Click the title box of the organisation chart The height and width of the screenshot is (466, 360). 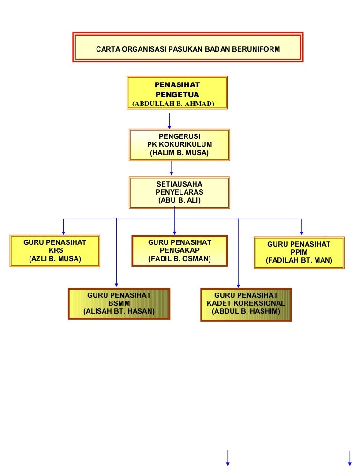[187, 48]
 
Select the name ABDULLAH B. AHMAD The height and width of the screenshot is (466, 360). [173, 104]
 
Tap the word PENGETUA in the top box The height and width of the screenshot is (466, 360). [177, 94]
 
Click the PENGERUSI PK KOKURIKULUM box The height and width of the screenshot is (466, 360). [180, 145]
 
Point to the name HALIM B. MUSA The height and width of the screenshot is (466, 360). [180, 153]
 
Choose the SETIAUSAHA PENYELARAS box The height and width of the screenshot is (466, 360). [180, 192]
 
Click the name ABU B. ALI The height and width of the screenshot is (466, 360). [180, 201]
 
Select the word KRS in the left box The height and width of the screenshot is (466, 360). [55, 250]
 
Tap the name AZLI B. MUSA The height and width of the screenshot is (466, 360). [55, 259]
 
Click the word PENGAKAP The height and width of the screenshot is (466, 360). [180, 250]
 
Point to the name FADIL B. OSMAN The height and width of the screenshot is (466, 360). [180, 259]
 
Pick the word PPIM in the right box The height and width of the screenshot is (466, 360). [299, 252]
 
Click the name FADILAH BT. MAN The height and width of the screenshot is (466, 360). [299, 261]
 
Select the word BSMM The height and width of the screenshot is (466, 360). [119, 303]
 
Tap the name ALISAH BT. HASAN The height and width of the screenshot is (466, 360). [119, 311]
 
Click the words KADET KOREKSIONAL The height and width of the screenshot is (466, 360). [246, 303]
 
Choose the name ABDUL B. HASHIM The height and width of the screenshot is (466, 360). [246, 311]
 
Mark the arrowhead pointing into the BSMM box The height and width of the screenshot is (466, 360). [116, 284]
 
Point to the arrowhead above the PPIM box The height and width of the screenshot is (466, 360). [301, 233]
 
